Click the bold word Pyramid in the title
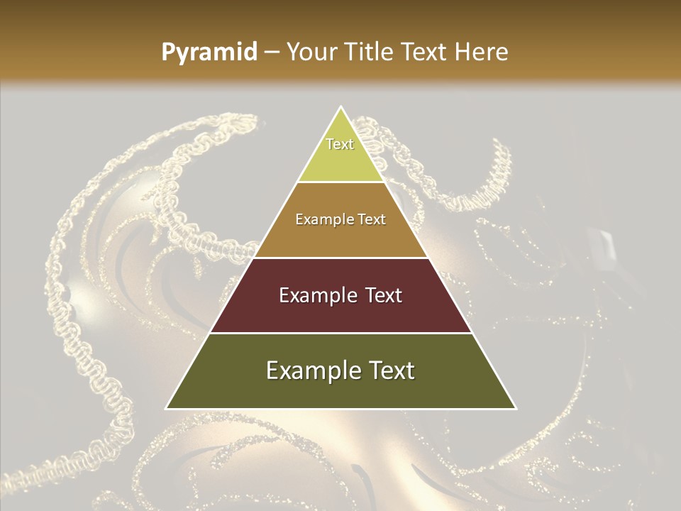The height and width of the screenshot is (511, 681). pos(209,53)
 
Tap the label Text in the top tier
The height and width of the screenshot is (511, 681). pos(340,144)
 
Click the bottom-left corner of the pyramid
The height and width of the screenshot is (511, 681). pos(167,408)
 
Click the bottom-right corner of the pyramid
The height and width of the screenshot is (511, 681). pos(516,408)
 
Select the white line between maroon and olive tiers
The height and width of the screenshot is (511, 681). pos(340,333)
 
